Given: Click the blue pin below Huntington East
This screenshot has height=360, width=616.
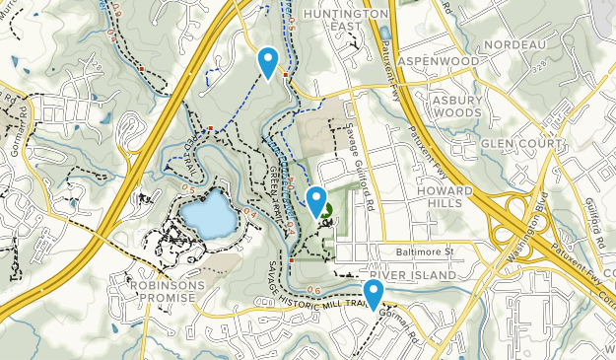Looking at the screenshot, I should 267,62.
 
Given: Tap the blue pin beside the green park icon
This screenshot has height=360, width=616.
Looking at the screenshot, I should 316,200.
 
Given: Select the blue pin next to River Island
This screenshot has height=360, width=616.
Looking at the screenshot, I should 373,293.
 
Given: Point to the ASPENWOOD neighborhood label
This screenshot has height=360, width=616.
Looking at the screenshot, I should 439,61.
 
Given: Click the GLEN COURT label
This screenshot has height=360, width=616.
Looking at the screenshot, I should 520,143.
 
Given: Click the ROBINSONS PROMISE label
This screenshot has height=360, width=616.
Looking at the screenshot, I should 153,291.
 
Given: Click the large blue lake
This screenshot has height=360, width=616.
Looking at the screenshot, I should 204,210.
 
